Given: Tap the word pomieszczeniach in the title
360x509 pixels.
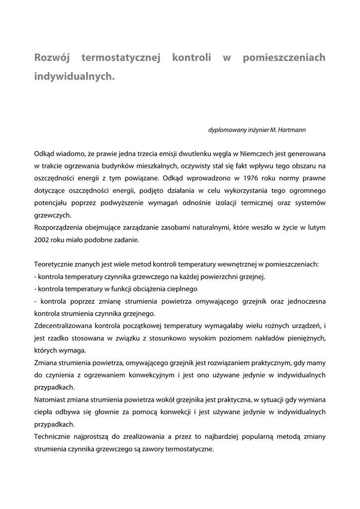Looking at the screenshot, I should click(x=284, y=58).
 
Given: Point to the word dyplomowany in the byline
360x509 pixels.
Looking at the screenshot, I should click(x=226, y=130).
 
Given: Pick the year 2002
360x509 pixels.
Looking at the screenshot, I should click(x=42, y=240).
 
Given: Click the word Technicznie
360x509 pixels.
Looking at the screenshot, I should click(x=52, y=436).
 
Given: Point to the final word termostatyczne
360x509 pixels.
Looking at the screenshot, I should click(x=189, y=448).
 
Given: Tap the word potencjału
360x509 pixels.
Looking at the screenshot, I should click(x=51, y=203).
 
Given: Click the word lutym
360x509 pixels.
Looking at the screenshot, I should click(x=316, y=228).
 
